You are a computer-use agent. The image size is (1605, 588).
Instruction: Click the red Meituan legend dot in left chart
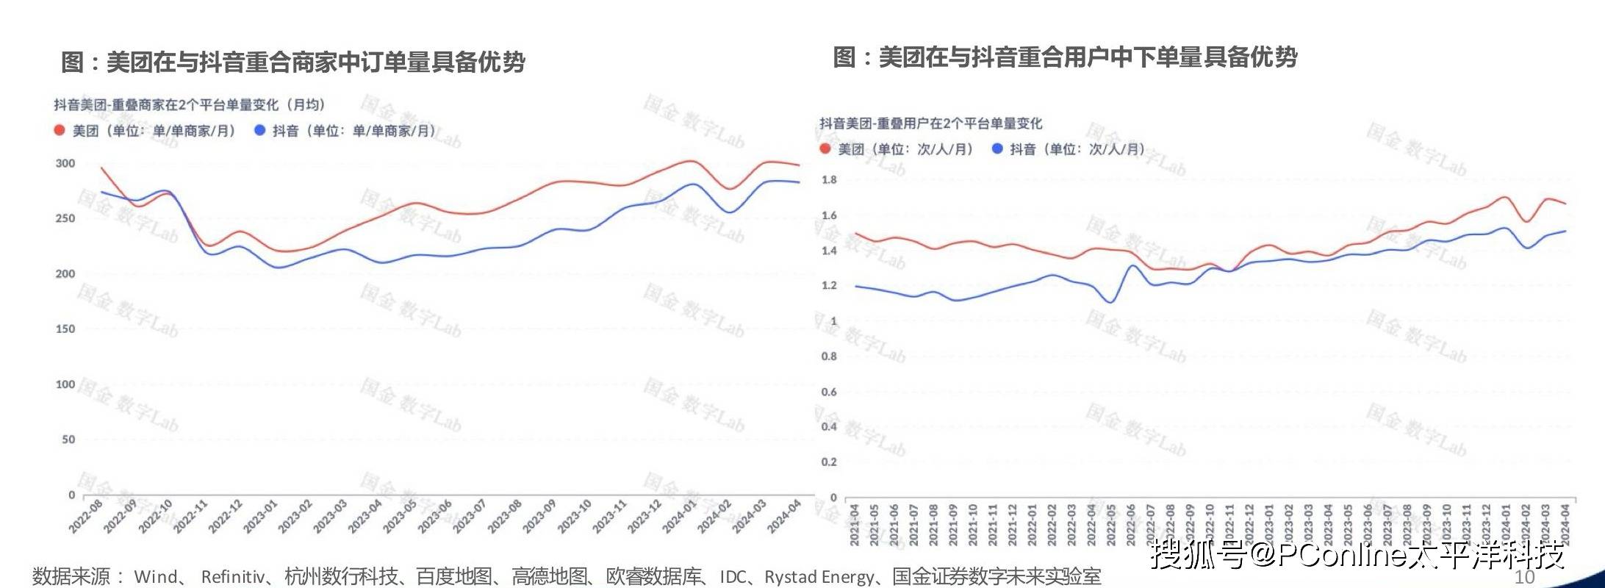click(60, 131)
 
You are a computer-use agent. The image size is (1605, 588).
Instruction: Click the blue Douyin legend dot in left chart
click(259, 131)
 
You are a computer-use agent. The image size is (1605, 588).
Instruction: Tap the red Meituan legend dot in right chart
click(826, 149)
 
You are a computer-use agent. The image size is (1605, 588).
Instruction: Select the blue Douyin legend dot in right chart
click(997, 149)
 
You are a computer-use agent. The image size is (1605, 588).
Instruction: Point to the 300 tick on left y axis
click(65, 163)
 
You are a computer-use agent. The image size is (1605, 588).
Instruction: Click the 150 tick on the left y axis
click(65, 329)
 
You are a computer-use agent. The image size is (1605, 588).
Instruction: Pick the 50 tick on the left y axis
click(68, 440)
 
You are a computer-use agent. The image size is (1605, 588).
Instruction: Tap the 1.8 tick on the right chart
click(829, 180)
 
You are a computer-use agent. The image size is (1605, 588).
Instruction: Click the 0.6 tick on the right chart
click(829, 392)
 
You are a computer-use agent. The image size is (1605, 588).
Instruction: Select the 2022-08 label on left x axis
click(86, 517)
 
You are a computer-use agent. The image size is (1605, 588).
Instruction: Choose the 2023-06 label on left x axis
click(434, 517)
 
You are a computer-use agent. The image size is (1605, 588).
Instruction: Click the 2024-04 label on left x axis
click(783, 517)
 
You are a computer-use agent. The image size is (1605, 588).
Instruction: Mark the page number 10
click(1525, 576)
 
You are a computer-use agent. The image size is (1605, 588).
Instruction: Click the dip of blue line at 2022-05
click(1110, 301)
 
